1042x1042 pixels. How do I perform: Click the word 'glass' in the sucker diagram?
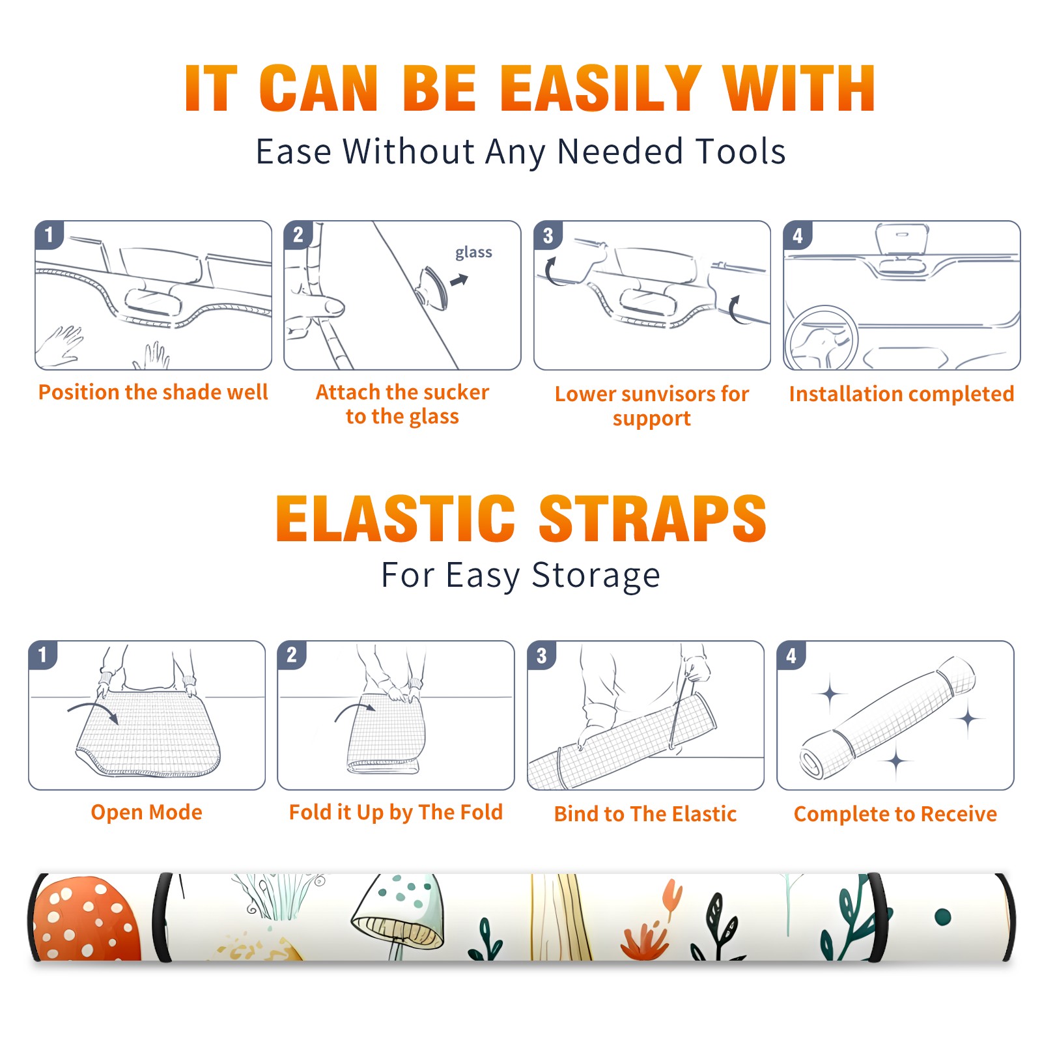pyautogui.click(x=473, y=253)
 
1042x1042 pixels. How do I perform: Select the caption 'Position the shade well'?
pyautogui.click(x=153, y=392)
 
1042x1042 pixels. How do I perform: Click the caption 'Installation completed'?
pyautogui.click(x=901, y=393)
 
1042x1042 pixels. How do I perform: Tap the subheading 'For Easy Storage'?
pyautogui.click(x=521, y=575)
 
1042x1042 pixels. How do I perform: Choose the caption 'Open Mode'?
pyautogui.click(x=147, y=812)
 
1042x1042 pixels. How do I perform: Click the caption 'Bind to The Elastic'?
pyautogui.click(x=645, y=813)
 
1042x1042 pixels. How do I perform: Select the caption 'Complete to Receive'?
pyautogui.click(x=895, y=814)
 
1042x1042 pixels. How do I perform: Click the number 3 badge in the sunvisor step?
pyautogui.click(x=548, y=235)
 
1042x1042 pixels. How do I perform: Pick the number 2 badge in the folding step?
pyautogui.click(x=292, y=655)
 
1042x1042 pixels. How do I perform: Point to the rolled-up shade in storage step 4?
pyautogui.click(x=888, y=718)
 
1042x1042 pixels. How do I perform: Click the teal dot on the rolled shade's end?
pyautogui.click(x=943, y=917)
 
